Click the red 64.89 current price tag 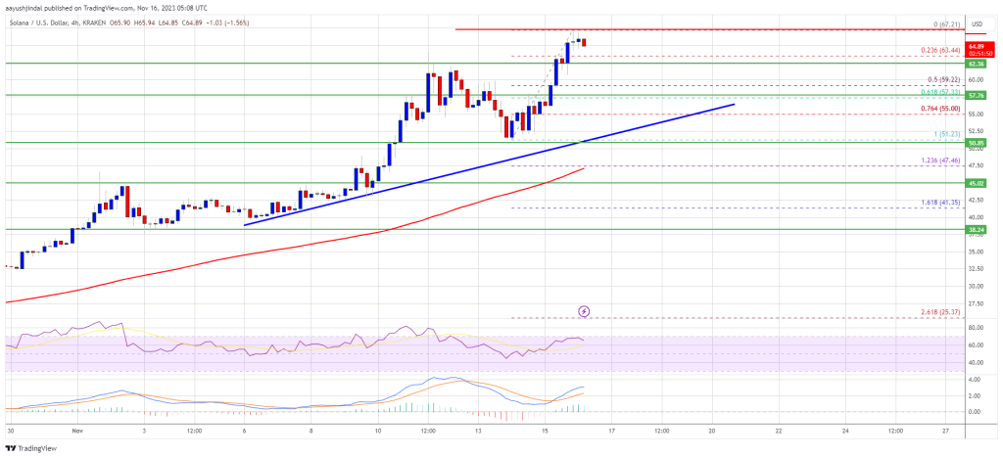tap(977, 46)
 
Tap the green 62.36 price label tap(977, 64)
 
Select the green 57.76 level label tap(977, 96)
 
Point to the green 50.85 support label tap(977, 143)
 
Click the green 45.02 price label tap(977, 183)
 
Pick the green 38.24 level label tap(977, 230)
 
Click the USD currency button tap(976, 23)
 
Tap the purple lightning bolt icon tap(585, 311)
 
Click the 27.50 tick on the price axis tap(976, 304)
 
